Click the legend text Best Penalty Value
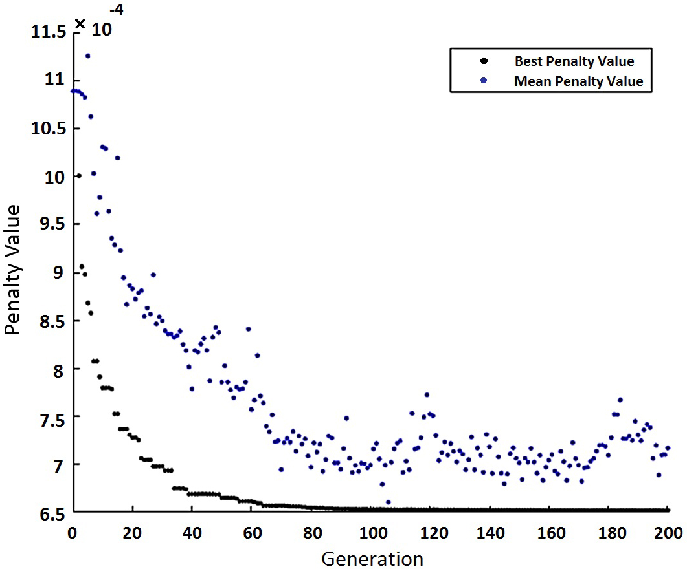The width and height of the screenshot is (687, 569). pos(574,62)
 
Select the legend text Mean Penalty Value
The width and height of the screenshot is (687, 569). pos(578,81)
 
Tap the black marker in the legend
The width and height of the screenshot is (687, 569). pos(483,61)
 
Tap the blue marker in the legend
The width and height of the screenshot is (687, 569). pos(483,81)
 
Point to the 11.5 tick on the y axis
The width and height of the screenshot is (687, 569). pos(51,31)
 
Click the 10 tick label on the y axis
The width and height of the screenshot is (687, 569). pos(56,176)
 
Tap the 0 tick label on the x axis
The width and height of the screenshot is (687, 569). pos(72,532)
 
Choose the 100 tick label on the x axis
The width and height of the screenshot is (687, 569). pos(372,532)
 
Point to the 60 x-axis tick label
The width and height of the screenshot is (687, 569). pos(252,532)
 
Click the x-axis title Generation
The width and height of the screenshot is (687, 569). pos(372,557)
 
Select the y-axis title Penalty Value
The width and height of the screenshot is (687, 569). pos(14,270)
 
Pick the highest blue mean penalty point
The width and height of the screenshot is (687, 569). pos(87,56)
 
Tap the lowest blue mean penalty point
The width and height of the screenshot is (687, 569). pos(388,502)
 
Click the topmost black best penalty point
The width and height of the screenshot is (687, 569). pos(78,175)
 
